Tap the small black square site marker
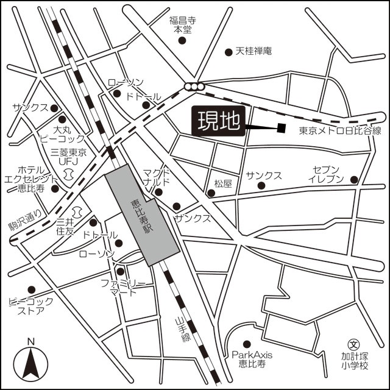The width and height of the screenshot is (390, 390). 281,127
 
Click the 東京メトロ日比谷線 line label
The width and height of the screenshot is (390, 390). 340,131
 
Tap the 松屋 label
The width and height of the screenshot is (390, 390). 224,183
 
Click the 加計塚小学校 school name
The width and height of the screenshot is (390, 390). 355,361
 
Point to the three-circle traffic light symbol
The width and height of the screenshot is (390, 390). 195,87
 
